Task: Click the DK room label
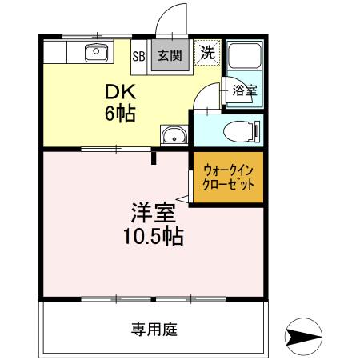tap(118, 91)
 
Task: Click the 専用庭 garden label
tap(154, 328)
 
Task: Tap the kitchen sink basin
tap(98, 54)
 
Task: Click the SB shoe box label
tap(138, 56)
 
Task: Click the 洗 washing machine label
tap(207, 54)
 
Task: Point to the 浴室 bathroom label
tap(244, 90)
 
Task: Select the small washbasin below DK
tap(172, 136)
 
